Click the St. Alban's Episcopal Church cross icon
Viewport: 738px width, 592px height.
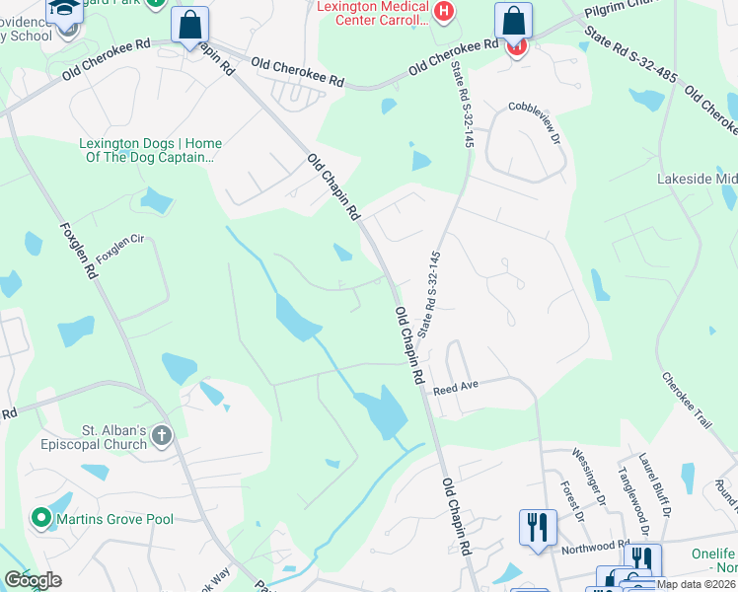point(162,435)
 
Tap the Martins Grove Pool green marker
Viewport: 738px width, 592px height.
point(41,517)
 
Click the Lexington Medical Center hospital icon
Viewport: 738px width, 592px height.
point(445,12)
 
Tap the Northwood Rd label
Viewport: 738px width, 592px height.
point(595,545)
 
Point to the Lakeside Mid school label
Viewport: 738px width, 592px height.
point(697,180)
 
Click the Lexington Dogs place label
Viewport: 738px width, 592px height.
point(150,149)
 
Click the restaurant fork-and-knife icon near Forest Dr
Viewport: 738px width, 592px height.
point(537,525)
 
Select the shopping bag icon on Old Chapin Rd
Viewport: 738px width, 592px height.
point(189,24)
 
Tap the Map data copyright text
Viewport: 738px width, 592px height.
point(697,584)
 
